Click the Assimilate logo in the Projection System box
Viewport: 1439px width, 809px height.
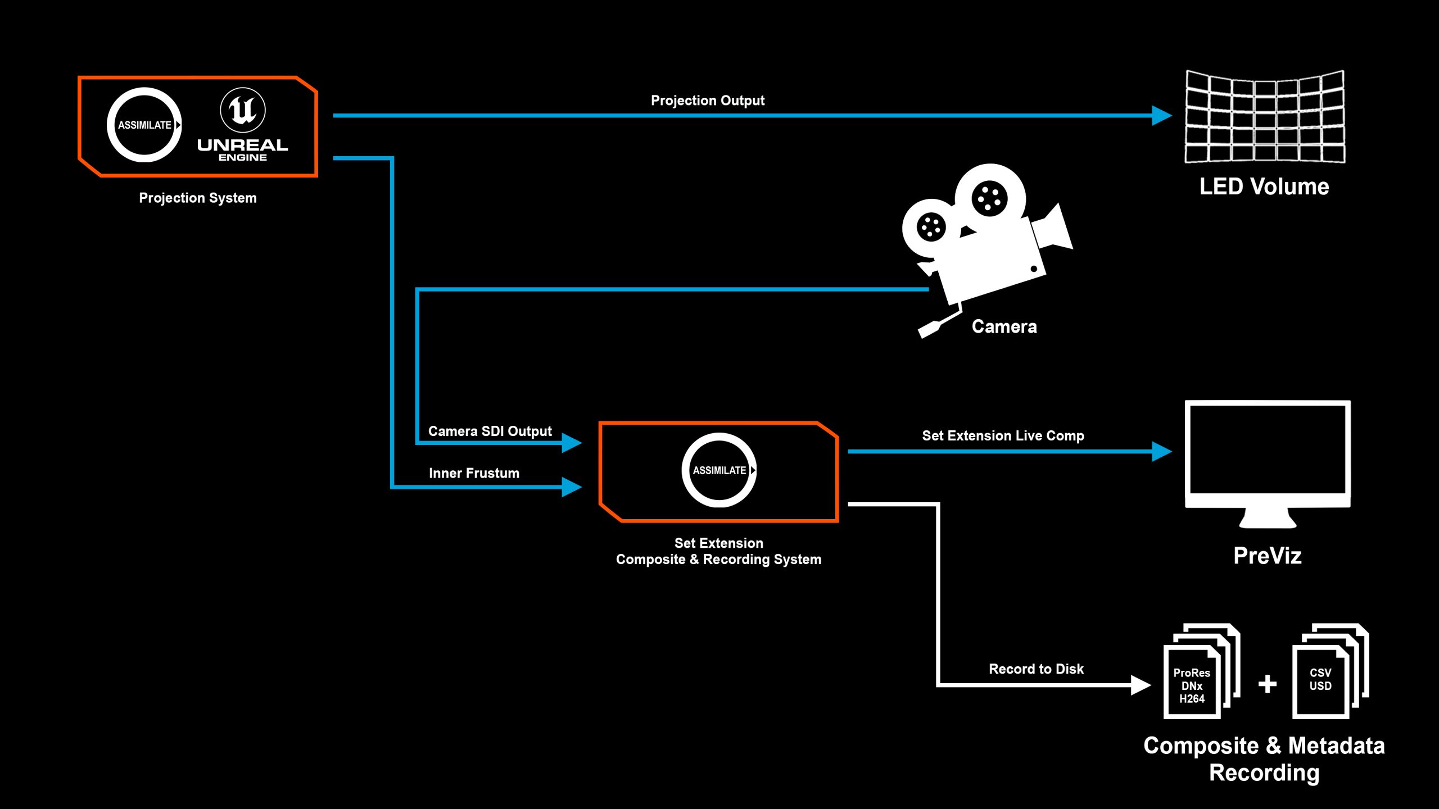coord(144,125)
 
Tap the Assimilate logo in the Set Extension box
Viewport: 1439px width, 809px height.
coord(719,470)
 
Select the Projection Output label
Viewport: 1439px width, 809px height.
coord(708,101)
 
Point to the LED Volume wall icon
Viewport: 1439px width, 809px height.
coord(1265,117)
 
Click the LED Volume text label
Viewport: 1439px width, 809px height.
coord(1264,187)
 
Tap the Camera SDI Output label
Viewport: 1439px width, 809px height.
coord(490,431)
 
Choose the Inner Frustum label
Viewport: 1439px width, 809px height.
coord(474,473)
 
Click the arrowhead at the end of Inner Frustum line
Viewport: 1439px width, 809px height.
coord(571,487)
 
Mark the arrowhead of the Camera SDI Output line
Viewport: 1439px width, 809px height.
coord(571,443)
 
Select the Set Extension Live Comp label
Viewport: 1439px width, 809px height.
coord(1003,435)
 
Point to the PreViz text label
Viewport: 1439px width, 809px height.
coord(1268,556)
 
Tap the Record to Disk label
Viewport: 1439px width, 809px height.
coord(1036,669)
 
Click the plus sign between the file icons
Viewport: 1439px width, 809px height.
coord(1268,684)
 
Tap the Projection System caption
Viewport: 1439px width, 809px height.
coord(198,198)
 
